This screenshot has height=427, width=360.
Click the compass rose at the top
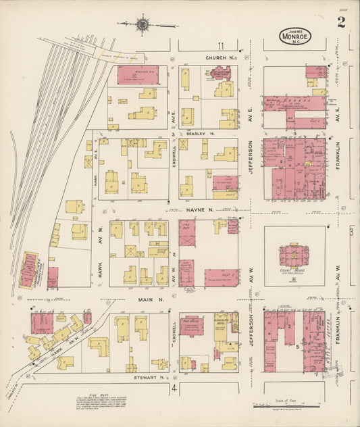click(143, 26)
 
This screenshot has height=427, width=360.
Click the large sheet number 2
click(342, 23)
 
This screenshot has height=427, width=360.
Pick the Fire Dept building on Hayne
click(187, 234)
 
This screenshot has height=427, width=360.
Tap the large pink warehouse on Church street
click(138, 75)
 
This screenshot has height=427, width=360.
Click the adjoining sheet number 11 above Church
click(221, 46)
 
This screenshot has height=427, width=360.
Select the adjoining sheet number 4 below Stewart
click(174, 390)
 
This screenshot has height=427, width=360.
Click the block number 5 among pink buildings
click(297, 345)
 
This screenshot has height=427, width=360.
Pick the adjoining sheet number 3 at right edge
click(352, 232)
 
